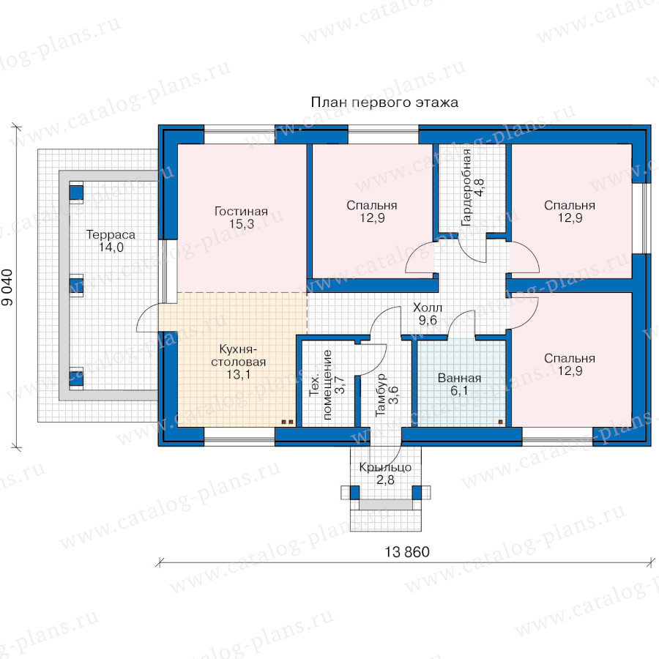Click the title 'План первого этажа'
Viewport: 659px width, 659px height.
click(384, 103)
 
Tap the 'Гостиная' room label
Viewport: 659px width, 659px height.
click(241, 211)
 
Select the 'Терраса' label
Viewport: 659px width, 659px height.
click(111, 234)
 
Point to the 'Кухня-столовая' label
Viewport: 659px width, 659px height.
click(238, 356)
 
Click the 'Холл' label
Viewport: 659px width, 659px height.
click(428, 308)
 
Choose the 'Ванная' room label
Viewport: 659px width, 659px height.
click(459, 378)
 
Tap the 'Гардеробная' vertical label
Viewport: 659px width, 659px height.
click(466, 187)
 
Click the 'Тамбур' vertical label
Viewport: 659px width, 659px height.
click(380, 395)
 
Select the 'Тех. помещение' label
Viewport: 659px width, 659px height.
click(321, 384)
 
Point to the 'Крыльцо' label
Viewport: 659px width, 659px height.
click(385, 467)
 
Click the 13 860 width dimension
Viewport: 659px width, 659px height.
click(407, 552)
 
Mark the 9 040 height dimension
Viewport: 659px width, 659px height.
click(7, 288)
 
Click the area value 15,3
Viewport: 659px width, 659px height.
click(242, 223)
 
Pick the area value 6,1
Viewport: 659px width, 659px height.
click(459, 391)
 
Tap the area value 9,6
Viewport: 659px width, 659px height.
click(428, 320)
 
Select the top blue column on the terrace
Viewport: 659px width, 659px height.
click(76, 193)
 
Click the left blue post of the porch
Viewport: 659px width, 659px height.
click(354, 493)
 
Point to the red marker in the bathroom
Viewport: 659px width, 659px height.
click(501, 422)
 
